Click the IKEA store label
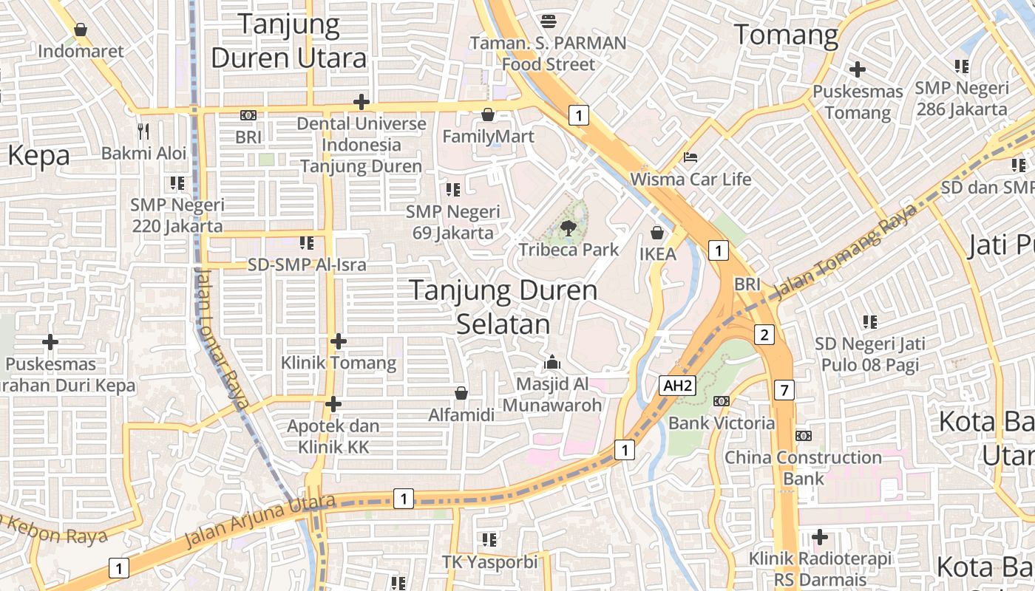(657, 254)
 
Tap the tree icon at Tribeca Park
(568, 228)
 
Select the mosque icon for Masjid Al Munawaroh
(552, 363)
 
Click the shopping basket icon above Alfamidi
(461, 393)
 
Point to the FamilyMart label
(488, 137)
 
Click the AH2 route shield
(678, 385)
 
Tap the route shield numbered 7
(784, 390)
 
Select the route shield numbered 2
(764, 335)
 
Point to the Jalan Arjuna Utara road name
(259, 522)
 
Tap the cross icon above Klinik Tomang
(339, 341)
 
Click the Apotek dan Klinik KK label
(333, 437)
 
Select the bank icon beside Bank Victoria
(721, 401)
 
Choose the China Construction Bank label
(803, 468)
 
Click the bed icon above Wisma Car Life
(690, 157)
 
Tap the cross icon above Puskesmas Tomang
(858, 69)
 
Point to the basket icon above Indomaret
(81, 30)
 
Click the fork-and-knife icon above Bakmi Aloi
(143, 131)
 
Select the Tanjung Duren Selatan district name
(503, 307)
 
